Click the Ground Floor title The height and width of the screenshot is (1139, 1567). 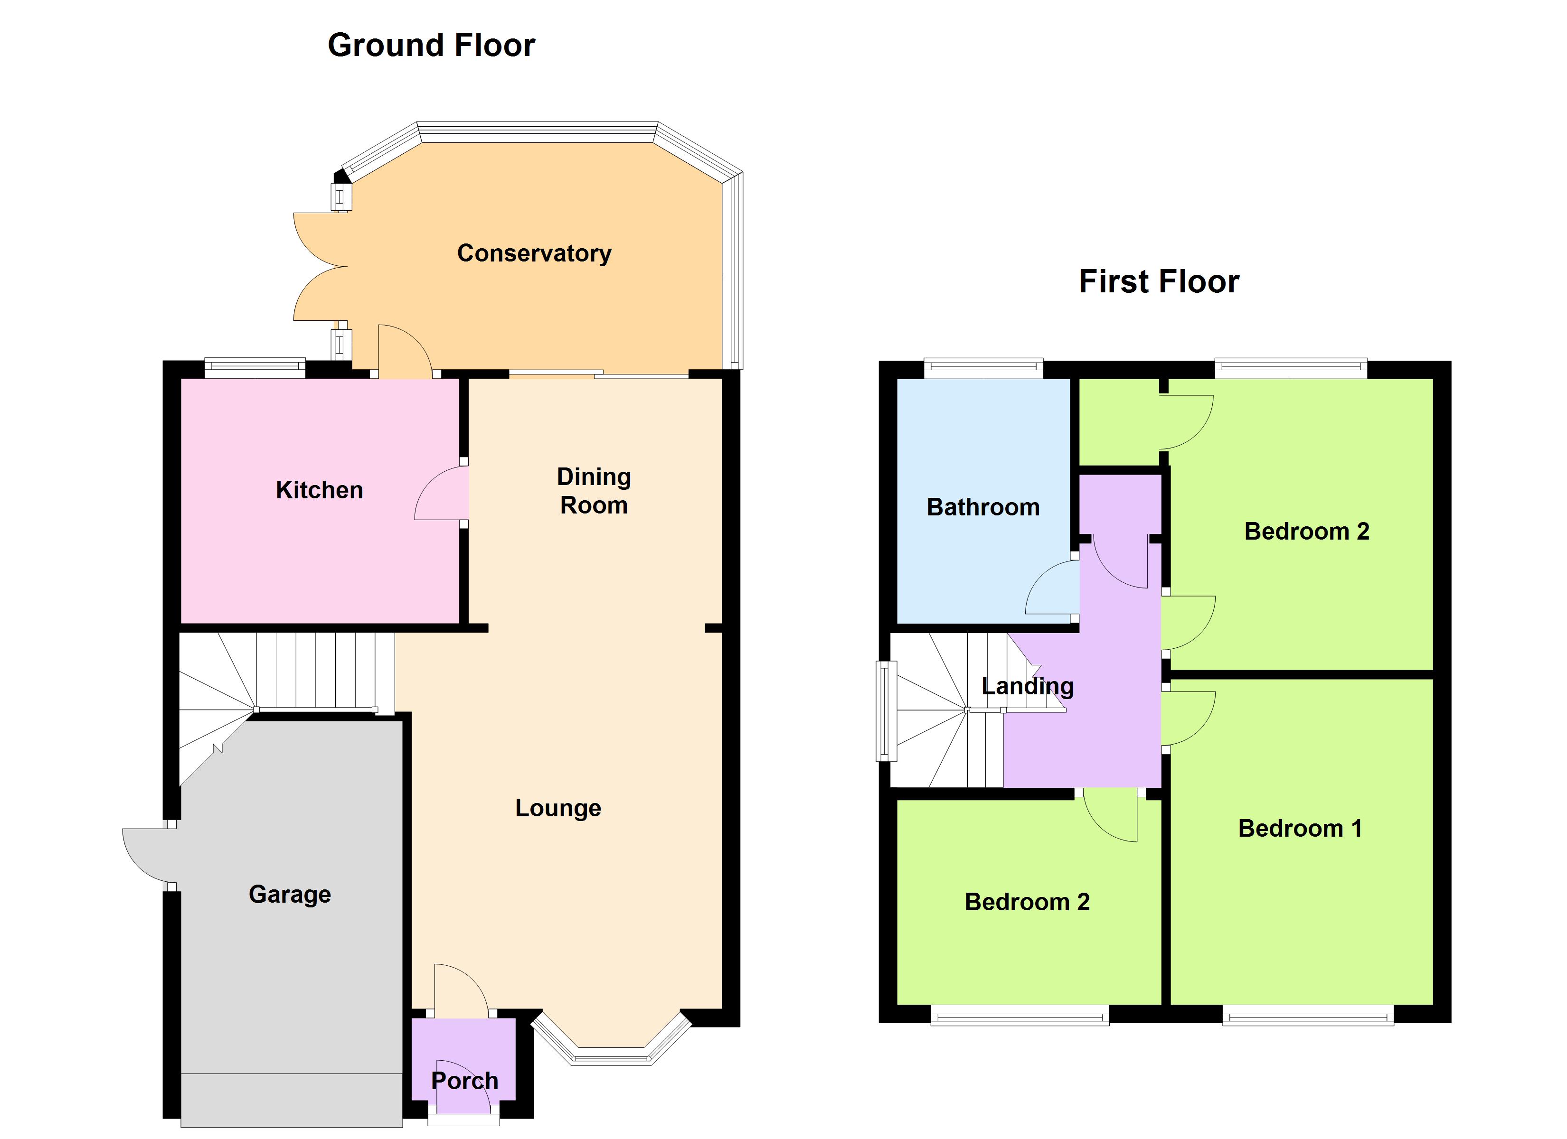click(431, 45)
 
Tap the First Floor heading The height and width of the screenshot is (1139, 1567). click(1159, 282)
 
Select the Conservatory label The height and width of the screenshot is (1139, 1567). click(534, 253)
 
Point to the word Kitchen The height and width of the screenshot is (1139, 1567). click(319, 490)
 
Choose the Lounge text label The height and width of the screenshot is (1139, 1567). click(558, 808)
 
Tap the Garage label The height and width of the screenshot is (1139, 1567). click(290, 895)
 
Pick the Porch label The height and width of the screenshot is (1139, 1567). click(464, 1081)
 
